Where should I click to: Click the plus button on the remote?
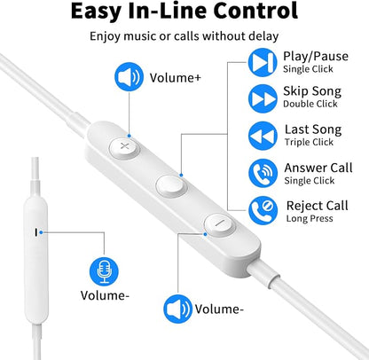tap(124, 146)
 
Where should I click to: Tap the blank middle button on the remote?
tap(171, 185)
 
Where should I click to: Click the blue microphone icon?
tap(104, 271)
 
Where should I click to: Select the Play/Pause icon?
tap(263, 63)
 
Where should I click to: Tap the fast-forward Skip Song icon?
tap(263, 98)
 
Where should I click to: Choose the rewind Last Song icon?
tap(263, 136)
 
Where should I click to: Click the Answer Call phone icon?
tap(263, 173)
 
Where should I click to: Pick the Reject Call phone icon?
tap(263, 210)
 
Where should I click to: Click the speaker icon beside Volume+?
tap(129, 76)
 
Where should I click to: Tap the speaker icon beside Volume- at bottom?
tap(178, 309)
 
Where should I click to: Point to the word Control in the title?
tap(255, 11)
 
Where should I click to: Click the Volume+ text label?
tap(176, 78)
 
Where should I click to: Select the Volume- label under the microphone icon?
tap(105, 295)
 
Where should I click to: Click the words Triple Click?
tap(309, 142)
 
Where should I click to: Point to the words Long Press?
tap(310, 218)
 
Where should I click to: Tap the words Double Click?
tap(310, 104)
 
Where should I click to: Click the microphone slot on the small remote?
tap(36, 232)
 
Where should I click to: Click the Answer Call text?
tap(318, 168)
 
